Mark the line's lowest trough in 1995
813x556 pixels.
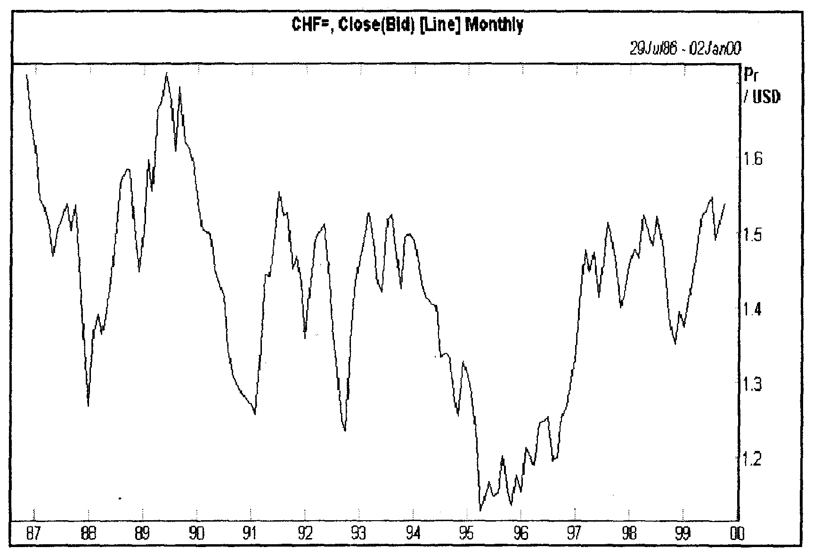[480, 510]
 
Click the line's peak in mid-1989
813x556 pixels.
[166, 74]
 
